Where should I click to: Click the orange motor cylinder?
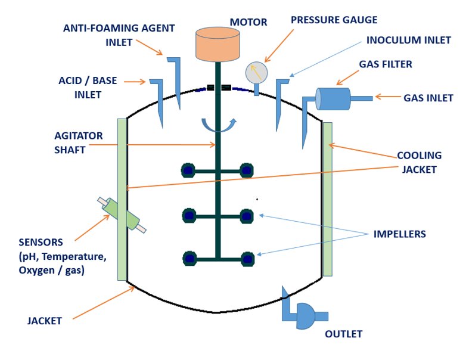coord(218,44)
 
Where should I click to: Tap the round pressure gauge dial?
coord(257,73)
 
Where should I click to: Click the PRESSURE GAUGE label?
coord(334,20)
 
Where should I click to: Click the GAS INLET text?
coord(428,98)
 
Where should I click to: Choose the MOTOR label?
coord(248,23)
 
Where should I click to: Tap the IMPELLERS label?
coord(399,234)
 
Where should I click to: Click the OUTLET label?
coord(343,334)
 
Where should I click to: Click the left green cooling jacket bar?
coord(122,199)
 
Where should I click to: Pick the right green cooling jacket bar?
coord(327,199)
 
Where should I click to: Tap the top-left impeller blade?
coord(188,171)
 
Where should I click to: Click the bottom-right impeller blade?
coord(247,259)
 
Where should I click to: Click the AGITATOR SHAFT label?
coord(78,143)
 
